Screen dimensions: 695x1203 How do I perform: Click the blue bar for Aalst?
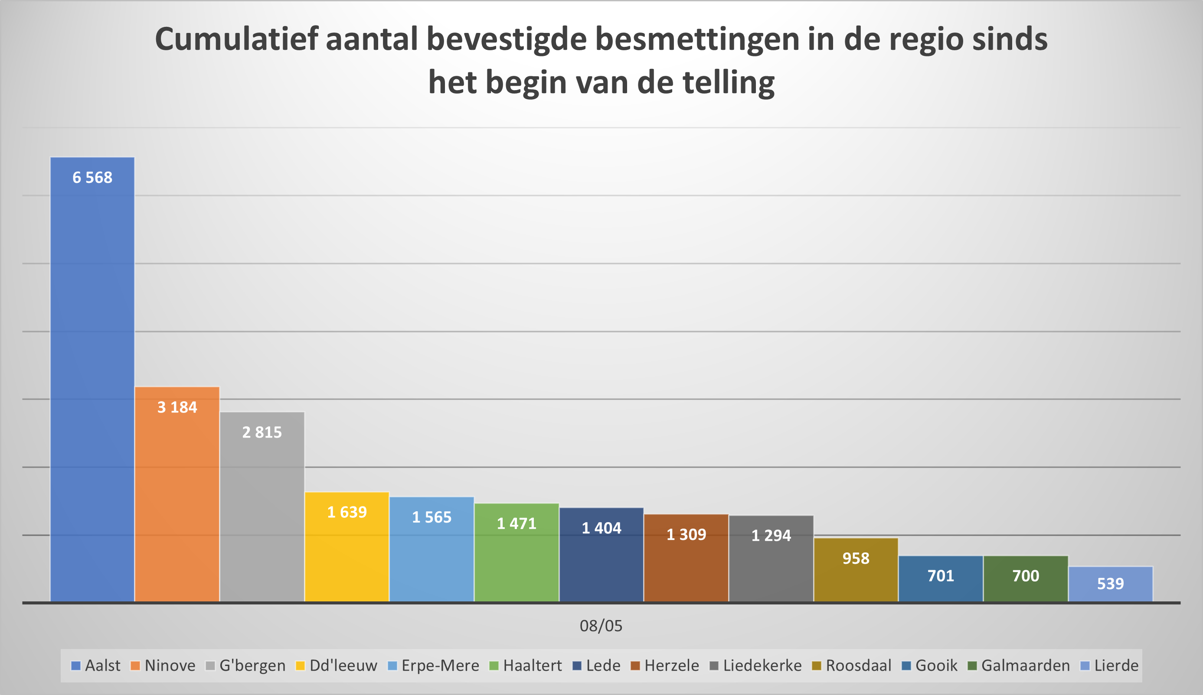click(x=92, y=382)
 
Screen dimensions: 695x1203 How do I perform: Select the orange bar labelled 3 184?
click(x=177, y=496)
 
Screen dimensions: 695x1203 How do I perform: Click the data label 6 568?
click(x=92, y=178)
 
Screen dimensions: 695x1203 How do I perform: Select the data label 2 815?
click(x=262, y=432)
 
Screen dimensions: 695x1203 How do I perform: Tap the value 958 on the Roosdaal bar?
click(x=856, y=558)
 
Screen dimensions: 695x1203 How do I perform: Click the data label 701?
click(x=941, y=576)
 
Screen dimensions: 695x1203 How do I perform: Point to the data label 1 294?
click(x=771, y=535)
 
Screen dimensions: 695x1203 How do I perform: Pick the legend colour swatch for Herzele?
click(x=635, y=666)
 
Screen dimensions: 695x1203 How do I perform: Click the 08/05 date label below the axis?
click(x=601, y=626)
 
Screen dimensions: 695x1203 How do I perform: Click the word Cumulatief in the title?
click(x=236, y=39)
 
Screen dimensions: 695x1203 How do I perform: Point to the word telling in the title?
click(x=729, y=82)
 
